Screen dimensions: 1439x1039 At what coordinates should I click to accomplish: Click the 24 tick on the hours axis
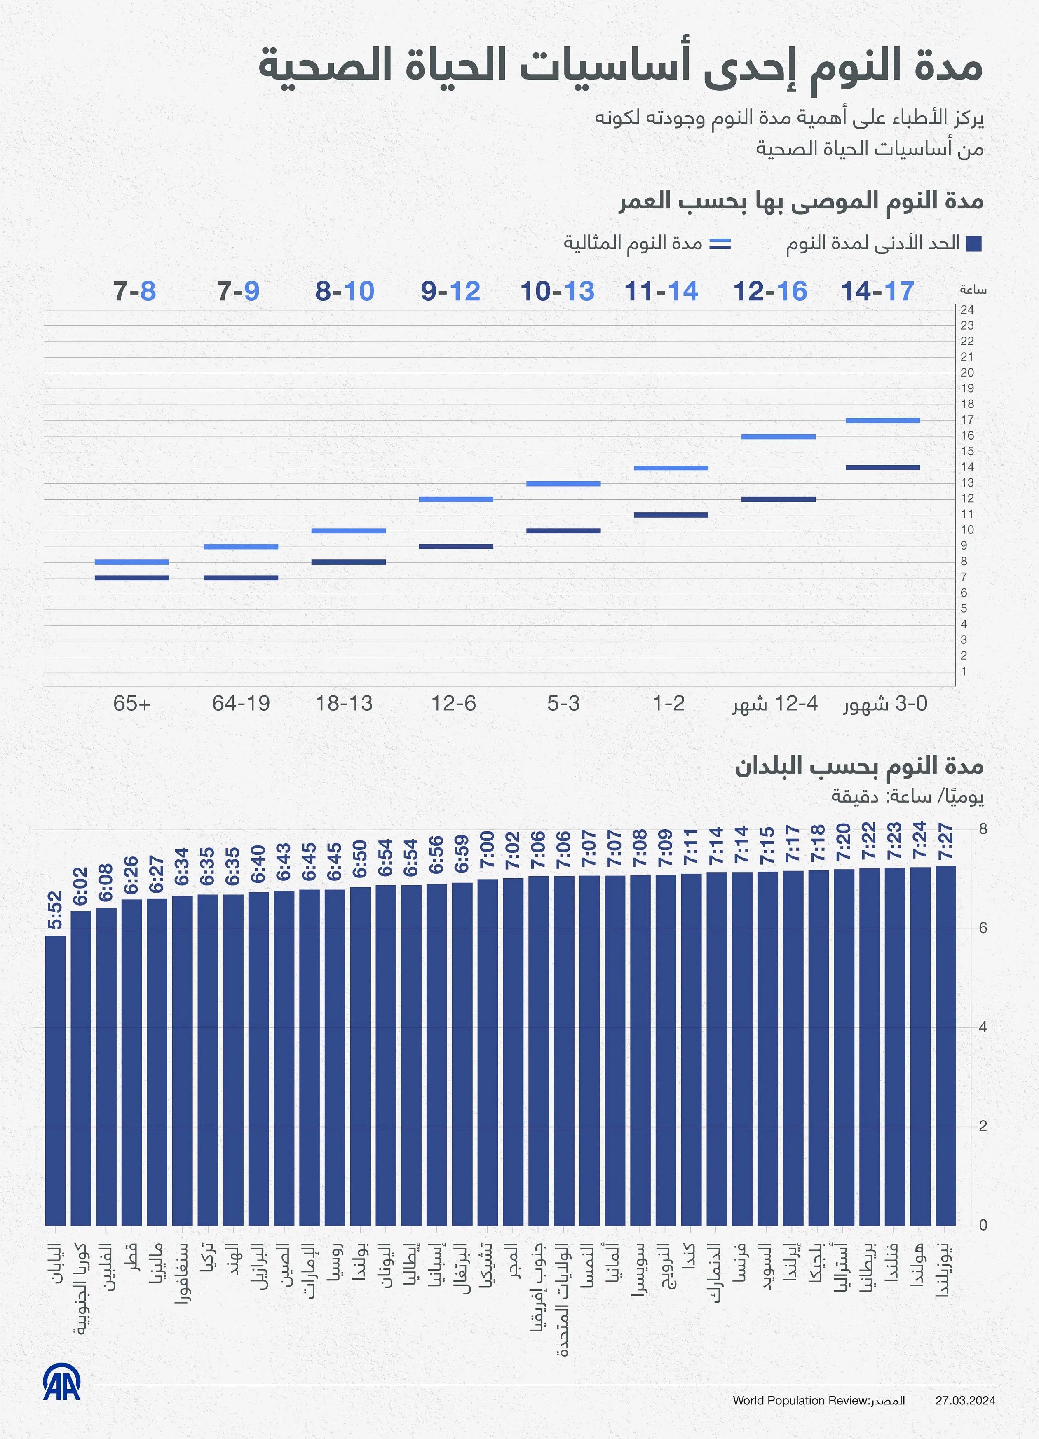tap(966, 310)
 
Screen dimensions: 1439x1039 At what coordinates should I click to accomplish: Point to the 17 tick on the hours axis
tap(966, 419)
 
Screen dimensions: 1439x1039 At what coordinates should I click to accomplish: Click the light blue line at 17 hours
tap(882, 420)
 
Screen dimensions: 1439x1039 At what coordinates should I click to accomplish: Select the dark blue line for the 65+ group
tap(131, 578)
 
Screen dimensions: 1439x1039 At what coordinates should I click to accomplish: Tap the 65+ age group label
tap(132, 703)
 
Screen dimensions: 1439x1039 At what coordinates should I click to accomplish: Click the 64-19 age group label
tap(241, 703)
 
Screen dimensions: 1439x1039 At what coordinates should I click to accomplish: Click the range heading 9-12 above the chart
tap(450, 291)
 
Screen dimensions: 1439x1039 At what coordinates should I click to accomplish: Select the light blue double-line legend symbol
tap(720, 243)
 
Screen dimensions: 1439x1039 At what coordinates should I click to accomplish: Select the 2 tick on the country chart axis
tap(983, 1126)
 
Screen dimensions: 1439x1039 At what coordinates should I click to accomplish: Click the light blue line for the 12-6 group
tap(456, 499)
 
